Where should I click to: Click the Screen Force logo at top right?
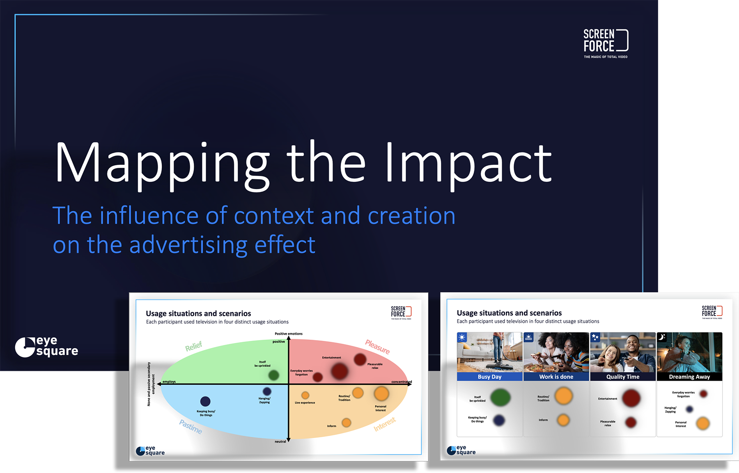point(606,43)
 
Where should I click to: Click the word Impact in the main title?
point(468,163)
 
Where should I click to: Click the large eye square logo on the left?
point(46,347)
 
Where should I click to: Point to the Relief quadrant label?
point(193,346)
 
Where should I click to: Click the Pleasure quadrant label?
point(377,347)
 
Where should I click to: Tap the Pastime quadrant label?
point(190,427)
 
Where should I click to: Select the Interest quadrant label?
point(385,424)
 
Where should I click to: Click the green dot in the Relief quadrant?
point(273,375)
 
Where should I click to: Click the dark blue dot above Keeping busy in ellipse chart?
point(205,401)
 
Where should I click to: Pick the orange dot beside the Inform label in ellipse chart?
point(347,423)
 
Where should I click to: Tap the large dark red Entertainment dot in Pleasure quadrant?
point(340,371)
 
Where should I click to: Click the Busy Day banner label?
point(489,377)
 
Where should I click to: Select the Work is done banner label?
point(556,377)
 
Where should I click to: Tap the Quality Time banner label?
point(623,377)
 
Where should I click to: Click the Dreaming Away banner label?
point(689,377)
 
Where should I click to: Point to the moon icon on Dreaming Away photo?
point(662,337)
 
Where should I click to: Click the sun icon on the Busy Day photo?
point(462,337)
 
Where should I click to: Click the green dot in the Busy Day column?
point(500,397)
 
